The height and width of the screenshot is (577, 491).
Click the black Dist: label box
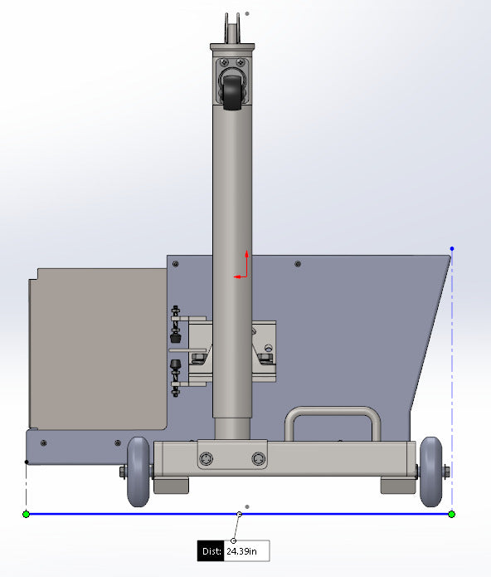click(211, 550)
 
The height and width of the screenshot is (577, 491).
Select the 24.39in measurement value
click(245, 550)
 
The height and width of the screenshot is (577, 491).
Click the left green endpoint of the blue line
click(26, 514)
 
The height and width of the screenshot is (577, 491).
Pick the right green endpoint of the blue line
click(452, 514)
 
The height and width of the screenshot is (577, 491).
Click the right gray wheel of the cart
click(430, 472)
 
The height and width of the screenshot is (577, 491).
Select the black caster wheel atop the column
click(232, 87)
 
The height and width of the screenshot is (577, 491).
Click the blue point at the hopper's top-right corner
click(452, 248)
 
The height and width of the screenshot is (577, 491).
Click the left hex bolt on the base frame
click(206, 458)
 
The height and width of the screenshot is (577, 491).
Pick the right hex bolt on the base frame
click(260, 458)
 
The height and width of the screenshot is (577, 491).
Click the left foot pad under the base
click(172, 484)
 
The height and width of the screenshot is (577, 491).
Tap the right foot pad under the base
click(396, 484)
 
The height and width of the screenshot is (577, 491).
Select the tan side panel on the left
click(97, 349)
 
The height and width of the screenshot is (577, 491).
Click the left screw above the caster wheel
click(222, 61)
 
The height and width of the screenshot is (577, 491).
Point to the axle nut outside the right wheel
click(446, 472)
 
